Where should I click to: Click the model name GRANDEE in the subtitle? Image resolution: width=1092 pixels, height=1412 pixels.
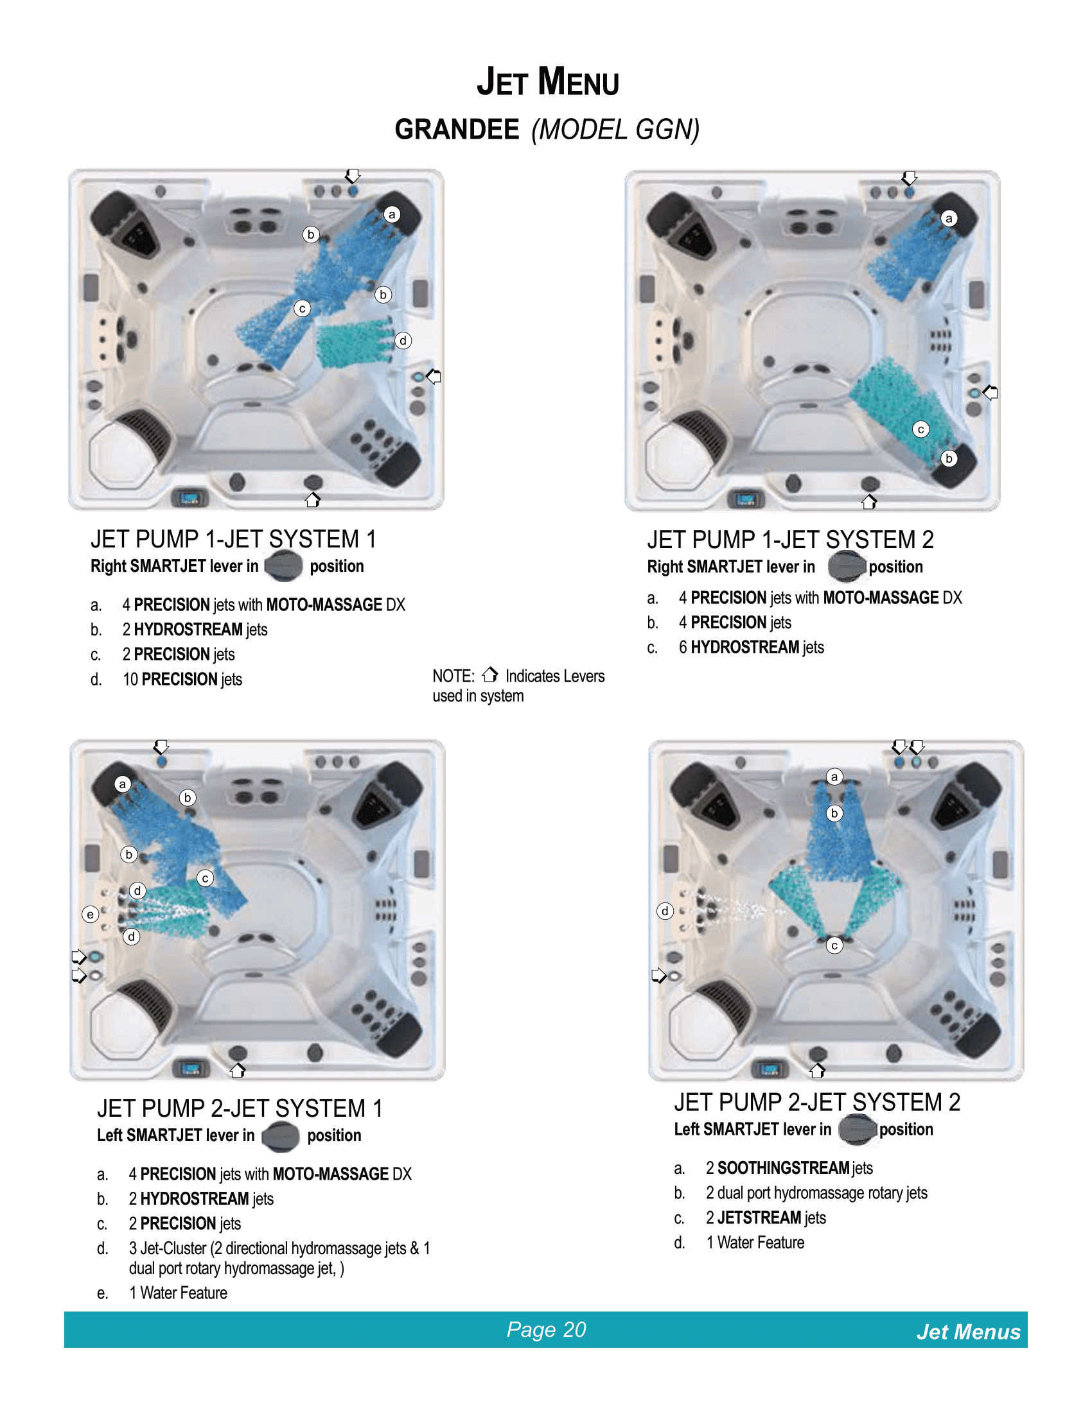tap(457, 130)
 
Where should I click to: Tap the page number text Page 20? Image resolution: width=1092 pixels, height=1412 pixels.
tap(546, 1329)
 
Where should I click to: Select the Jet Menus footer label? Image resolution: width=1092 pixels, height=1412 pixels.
tap(968, 1332)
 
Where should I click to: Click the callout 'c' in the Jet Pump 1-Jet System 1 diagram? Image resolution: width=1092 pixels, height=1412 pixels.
tap(302, 308)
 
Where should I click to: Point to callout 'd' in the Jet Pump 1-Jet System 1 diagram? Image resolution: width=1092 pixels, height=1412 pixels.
tap(403, 340)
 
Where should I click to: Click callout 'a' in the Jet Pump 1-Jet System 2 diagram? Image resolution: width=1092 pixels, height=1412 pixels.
tap(949, 218)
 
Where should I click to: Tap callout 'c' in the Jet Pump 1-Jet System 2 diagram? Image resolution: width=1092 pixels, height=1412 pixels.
tap(920, 429)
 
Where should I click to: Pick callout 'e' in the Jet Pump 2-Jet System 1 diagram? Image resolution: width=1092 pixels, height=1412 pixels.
tap(91, 913)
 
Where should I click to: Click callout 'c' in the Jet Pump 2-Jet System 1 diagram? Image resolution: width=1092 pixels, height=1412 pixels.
tap(205, 878)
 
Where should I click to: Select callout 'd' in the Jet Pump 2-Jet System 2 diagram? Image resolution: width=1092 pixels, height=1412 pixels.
tap(665, 911)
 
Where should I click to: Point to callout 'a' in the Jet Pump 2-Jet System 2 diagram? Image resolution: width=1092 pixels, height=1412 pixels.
tap(834, 777)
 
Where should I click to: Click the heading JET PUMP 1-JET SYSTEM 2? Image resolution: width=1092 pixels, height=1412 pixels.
tap(790, 540)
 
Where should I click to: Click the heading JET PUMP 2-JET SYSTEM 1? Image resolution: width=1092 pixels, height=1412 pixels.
tap(240, 1108)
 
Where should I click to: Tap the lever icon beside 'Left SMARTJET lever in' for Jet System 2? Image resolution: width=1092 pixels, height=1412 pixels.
tap(858, 1130)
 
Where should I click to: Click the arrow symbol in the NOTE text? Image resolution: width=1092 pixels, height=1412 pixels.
tap(489, 675)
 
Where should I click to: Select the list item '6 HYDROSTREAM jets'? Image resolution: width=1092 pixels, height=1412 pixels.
tap(751, 647)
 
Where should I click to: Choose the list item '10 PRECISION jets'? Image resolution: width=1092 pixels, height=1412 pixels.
tap(182, 680)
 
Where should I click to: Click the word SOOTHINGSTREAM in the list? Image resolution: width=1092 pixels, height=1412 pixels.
tap(783, 1167)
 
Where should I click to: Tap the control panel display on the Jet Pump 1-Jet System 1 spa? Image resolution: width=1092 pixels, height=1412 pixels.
tap(189, 498)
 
